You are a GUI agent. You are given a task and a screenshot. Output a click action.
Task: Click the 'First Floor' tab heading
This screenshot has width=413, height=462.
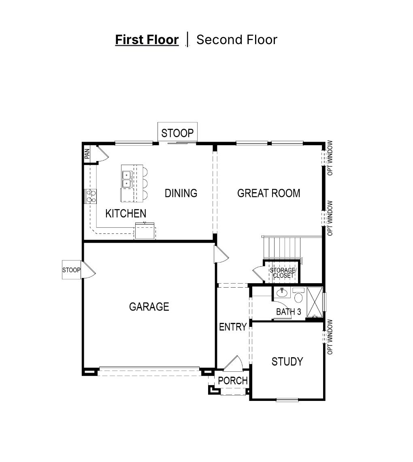pos(147,40)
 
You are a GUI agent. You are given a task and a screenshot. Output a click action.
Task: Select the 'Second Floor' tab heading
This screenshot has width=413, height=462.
pos(236,40)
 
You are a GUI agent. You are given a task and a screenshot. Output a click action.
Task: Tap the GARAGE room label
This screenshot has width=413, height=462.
pos(149,307)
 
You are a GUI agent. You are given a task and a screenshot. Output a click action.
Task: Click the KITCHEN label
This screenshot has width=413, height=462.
pos(126,213)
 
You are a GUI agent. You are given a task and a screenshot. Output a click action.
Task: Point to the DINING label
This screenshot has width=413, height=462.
pos(181,193)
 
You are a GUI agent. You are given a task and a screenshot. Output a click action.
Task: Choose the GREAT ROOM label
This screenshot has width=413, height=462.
pos(268,193)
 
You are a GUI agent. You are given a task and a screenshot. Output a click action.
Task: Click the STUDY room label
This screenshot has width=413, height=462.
pos(287,361)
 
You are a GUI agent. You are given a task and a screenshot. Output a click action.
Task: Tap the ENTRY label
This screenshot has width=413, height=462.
pos(233,327)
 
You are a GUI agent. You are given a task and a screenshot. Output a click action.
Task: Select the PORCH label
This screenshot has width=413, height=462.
pos(233,381)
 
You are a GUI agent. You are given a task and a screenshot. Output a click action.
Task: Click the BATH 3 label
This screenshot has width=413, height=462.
pos(288,312)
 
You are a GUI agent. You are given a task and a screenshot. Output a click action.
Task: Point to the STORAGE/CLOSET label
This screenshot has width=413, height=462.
pos(283,273)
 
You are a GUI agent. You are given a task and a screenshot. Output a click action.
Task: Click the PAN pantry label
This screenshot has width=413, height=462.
pos(87,154)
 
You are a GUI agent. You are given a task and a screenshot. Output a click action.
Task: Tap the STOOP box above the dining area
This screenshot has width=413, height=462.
pos(177,133)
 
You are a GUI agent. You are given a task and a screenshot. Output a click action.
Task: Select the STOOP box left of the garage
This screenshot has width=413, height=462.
pos(71,270)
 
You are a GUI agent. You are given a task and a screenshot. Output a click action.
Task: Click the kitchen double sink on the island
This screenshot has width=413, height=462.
pos(127,179)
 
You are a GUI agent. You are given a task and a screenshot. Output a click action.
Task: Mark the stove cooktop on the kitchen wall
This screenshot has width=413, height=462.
pos(91,196)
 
